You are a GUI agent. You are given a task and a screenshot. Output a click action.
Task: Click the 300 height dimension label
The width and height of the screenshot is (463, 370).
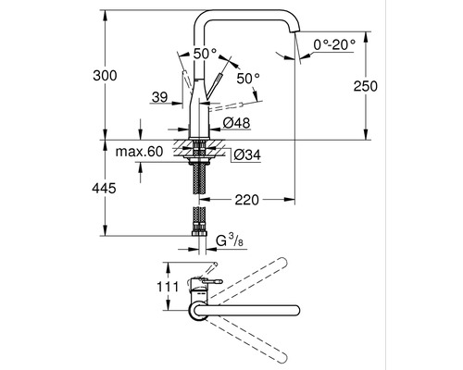105,76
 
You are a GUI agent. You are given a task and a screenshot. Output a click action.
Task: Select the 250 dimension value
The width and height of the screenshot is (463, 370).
366,86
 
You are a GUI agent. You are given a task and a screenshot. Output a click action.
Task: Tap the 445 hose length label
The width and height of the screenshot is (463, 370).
104,188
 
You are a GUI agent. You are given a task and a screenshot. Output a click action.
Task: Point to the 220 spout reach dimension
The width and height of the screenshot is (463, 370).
246,200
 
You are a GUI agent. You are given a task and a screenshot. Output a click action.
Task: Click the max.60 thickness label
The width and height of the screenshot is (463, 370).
139,152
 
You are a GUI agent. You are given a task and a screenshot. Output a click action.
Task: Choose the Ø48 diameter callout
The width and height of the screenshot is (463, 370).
236,123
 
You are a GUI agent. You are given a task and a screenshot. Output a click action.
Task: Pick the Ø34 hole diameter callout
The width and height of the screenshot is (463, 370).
247,154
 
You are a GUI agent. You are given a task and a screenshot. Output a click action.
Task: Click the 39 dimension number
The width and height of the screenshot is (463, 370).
160,97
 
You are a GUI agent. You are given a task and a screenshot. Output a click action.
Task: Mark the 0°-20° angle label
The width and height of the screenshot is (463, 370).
334,45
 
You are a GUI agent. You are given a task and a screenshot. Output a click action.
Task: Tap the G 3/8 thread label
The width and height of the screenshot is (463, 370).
230,240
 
